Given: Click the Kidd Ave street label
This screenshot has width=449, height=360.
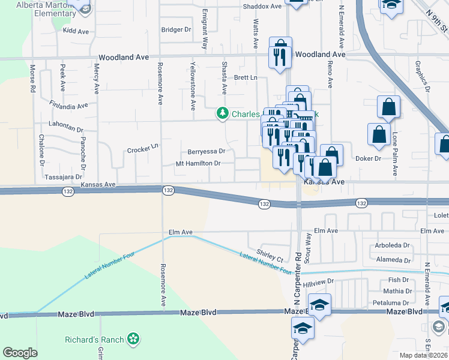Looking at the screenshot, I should coord(75,29).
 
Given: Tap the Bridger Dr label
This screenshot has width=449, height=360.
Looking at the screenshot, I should coord(176,29).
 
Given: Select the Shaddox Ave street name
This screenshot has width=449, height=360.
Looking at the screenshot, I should coord(262,7).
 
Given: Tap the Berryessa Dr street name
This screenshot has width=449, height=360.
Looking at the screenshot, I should coord(206,152).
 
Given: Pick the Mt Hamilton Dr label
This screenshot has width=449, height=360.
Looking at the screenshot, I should coord(199,163).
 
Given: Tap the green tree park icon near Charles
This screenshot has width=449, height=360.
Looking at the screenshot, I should coord(223,113).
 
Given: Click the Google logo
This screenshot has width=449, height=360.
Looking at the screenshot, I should coord(20,353).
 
